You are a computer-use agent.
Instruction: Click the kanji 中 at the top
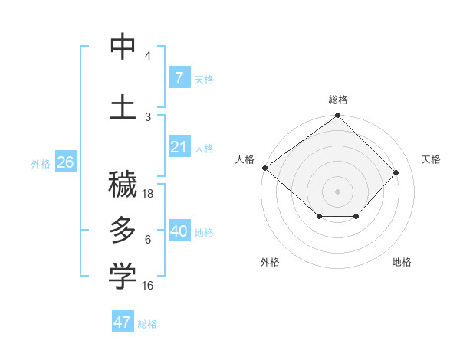coord(123,47)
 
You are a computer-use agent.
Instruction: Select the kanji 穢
coord(123,184)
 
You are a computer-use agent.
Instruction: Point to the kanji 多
coord(123,230)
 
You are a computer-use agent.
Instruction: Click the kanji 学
coord(123,277)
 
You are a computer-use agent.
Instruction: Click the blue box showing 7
coord(179,77)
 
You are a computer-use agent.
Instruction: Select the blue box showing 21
coord(179,147)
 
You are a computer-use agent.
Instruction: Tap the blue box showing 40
coord(179,231)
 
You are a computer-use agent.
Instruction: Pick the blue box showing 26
coord(65,162)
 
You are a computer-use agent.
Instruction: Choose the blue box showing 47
coord(123,322)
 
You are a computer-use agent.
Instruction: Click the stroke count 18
coord(149,194)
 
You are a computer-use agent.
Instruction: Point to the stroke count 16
coord(149,286)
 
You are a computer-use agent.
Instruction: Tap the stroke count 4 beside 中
coord(148,56)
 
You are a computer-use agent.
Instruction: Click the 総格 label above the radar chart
coord(338,100)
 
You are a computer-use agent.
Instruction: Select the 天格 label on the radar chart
coord(431,159)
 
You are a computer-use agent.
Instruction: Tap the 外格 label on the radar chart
coord(270,262)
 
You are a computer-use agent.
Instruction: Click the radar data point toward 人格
coord(264,168)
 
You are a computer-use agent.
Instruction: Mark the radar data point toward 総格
coord(337,116)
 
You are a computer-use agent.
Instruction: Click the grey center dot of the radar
coord(337,191)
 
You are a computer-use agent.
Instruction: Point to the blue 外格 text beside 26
coord(41,163)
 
